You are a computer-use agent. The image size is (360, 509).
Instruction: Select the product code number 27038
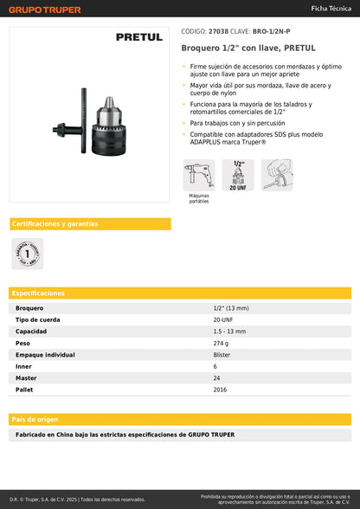click(x=220, y=31)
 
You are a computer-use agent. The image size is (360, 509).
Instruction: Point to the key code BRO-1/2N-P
click(x=272, y=31)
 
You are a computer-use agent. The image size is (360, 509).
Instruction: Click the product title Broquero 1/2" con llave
click(x=247, y=48)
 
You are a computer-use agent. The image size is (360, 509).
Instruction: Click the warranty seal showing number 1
click(x=27, y=254)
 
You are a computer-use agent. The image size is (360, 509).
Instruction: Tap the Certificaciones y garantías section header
click(x=55, y=224)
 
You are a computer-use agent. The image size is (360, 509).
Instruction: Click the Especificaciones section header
click(x=39, y=293)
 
